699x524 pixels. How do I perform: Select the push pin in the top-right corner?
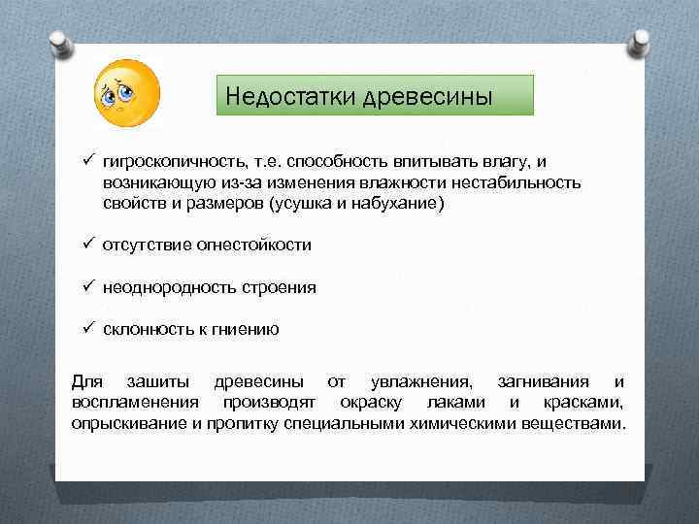coord(640,42)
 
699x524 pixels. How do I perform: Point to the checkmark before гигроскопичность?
coord(85,159)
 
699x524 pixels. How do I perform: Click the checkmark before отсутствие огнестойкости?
coord(85,244)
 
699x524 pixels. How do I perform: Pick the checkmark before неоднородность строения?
coord(85,286)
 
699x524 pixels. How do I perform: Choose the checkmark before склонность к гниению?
coord(85,328)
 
